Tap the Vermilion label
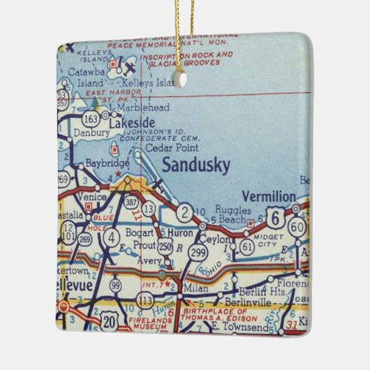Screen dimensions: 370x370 [269, 195]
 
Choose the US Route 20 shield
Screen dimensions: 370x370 [110, 321]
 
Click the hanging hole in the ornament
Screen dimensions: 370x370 [183, 80]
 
